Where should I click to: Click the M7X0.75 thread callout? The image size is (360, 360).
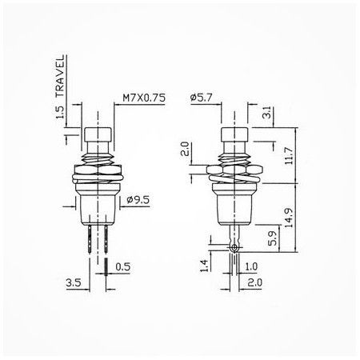click(144, 98)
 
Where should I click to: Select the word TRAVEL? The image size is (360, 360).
click(60, 76)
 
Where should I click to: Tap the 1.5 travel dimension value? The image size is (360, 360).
click(60, 113)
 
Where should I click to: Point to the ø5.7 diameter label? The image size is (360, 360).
click(202, 98)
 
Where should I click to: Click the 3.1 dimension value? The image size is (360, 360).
click(266, 112)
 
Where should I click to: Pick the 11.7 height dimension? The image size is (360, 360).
click(289, 156)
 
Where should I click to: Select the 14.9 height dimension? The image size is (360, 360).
click(289, 218)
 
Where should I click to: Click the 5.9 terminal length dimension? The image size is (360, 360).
click(273, 238)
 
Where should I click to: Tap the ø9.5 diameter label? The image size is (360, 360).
click(138, 199)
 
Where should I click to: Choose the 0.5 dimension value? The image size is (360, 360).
click(123, 266)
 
